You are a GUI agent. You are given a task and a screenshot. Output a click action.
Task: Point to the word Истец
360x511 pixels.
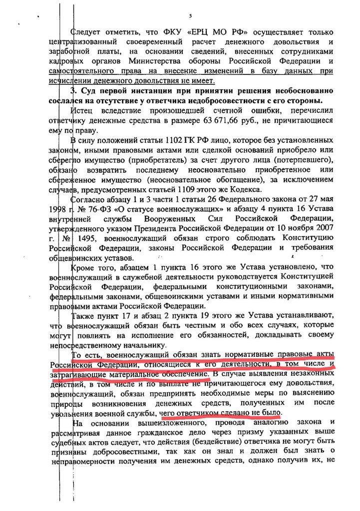82,111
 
